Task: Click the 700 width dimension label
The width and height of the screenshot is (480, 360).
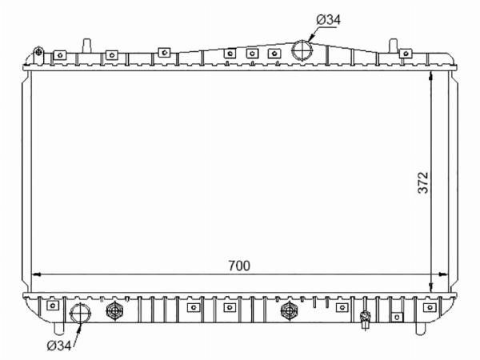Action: (239, 266)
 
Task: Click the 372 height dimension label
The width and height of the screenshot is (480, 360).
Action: (423, 182)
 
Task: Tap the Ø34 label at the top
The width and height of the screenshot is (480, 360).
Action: (329, 20)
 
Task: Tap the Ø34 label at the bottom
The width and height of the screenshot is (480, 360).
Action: (59, 346)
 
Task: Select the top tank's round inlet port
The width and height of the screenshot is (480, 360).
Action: (302, 50)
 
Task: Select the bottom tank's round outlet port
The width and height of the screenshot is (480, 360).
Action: (81, 313)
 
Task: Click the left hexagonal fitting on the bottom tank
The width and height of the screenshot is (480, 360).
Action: (114, 310)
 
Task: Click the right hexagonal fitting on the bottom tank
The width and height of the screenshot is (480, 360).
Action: (290, 310)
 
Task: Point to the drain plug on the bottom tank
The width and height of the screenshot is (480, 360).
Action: (366, 318)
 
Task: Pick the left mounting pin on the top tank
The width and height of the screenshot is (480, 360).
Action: (87, 46)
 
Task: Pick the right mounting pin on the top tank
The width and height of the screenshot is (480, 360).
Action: (393, 46)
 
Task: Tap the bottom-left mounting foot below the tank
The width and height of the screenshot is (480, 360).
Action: (58, 329)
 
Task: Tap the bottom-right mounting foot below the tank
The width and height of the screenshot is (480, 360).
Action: (420, 329)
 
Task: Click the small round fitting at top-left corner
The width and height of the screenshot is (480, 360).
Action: (38, 51)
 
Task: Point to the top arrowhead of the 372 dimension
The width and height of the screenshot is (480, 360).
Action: (430, 76)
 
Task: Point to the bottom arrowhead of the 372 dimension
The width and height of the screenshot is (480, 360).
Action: (430, 288)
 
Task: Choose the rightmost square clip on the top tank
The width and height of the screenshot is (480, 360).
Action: (406, 54)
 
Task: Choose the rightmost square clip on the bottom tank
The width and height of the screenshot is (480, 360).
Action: (430, 307)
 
